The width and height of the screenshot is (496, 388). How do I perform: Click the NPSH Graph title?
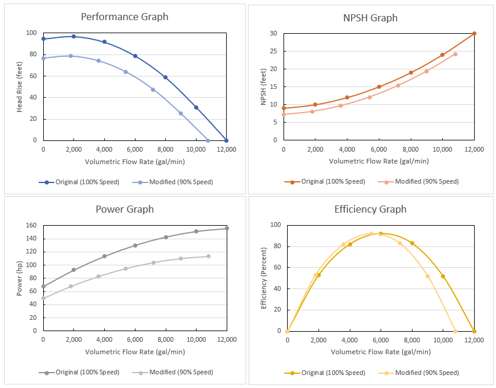pyautogui.click(x=371, y=18)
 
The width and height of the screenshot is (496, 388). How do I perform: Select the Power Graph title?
pyautogui.click(x=125, y=209)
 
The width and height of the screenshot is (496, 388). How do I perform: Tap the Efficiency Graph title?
pyautogui.click(x=371, y=209)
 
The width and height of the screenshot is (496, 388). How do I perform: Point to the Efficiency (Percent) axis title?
pyautogui.click(x=264, y=278)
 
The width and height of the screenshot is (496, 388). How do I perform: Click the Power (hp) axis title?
pyautogui.click(x=20, y=278)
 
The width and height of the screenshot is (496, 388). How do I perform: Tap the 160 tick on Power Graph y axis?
pyautogui.click(x=32, y=225)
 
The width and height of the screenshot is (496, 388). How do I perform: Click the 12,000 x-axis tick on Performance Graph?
pyautogui.click(x=227, y=149)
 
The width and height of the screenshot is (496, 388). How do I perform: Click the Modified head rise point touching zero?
pyautogui.click(x=208, y=140)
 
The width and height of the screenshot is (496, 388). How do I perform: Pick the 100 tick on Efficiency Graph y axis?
pyautogui.click(x=275, y=225)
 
